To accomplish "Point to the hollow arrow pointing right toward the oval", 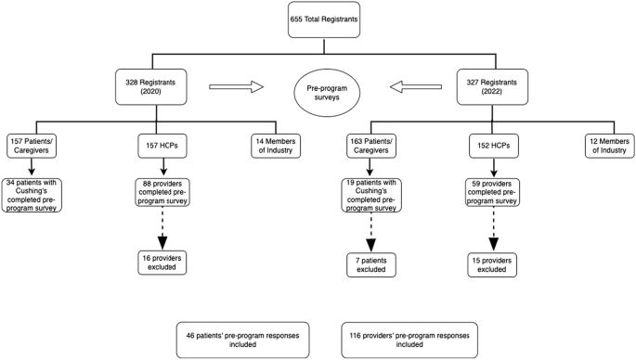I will [x=236, y=87].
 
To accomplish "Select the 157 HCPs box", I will [x=162, y=145].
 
